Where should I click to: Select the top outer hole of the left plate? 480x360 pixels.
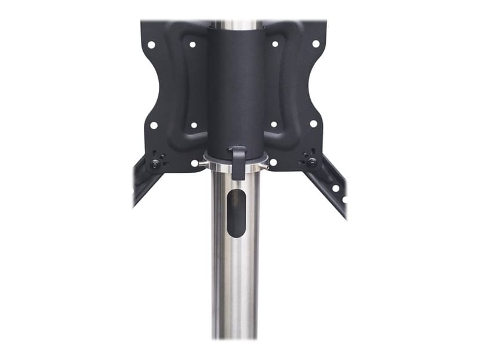pos(151,44)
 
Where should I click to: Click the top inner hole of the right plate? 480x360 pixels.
pos(275,44)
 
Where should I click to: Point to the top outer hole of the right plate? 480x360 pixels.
pos(316,43)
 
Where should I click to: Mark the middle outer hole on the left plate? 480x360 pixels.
pos(153,125)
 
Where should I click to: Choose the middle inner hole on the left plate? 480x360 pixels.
pos(193,125)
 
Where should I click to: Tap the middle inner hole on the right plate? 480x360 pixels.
pos(274,124)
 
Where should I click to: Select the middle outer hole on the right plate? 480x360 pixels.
pos(313,123)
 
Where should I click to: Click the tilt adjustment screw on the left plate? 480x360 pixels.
pos(155,163)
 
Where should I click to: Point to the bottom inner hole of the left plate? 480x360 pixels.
pos(195,163)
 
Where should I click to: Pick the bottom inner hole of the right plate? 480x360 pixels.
pos(272,162)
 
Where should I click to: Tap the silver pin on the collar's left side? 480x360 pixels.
pos(201,165)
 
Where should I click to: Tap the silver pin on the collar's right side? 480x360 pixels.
pos(266,165)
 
